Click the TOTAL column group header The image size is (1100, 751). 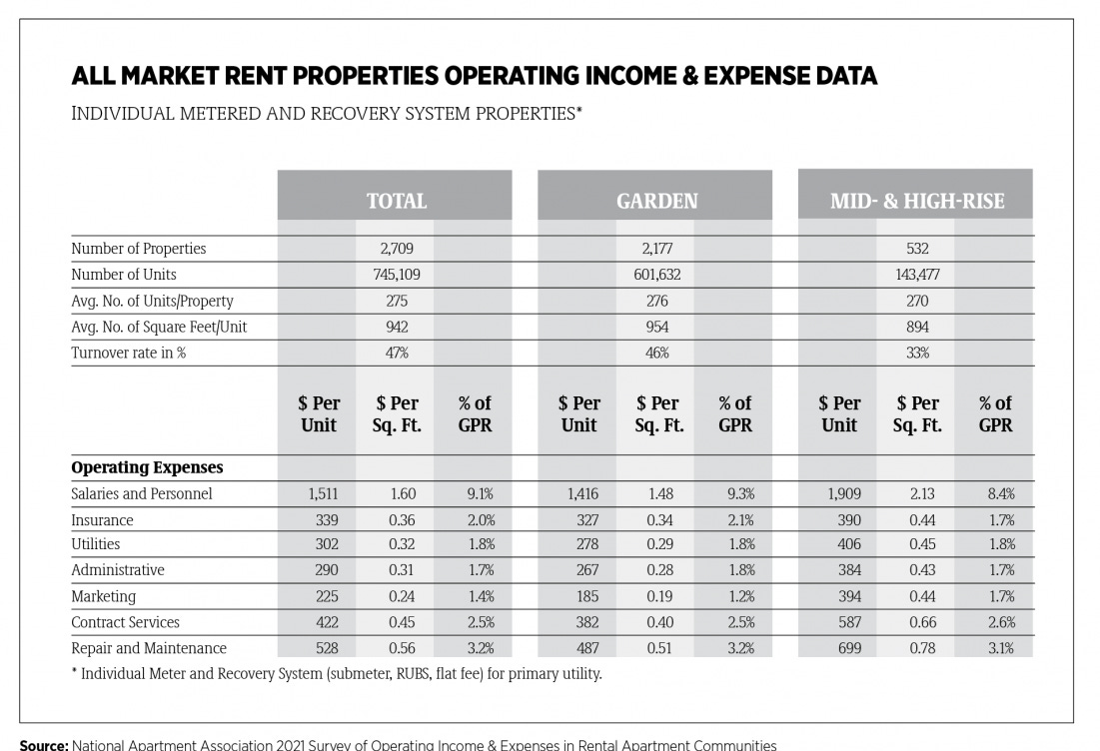pyautogui.click(x=396, y=201)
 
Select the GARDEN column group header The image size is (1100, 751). pyautogui.click(x=656, y=201)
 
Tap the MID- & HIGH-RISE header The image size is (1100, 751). pyautogui.click(x=916, y=201)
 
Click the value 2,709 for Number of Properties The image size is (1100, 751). pyautogui.click(x=396, y=249)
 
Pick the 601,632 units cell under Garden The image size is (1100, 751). pyautogui.click(x=656, y=275)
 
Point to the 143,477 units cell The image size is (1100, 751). pyautogui.click(x=916, y=275)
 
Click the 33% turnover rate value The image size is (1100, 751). pyautogui.click(x=916, y=353)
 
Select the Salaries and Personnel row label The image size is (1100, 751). pyautogui.click(x=141, y=493)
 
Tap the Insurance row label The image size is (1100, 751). pyautogui.click(x=102, y=519)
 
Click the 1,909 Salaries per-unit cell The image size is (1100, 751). pyautogui.click(x=839, y=493)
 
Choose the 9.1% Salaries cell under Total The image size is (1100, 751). pyautogui.click(x=475, y=493)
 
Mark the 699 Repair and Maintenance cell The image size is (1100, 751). pyautogui.click(x=839, y=648)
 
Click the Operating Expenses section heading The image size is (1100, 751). pyautogui.click(x=147, y=467)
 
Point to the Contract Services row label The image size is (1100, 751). pyautogui.click(x=125, y=622)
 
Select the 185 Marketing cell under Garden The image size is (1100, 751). pyautogui.click(x=579, y=596)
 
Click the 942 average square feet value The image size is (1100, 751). pyautogui.click(x=396, y=327)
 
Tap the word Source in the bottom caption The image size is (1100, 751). pyautogui.click(x=42, y=745)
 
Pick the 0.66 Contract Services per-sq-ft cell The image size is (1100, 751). pyautogui.click(x=917, y=622)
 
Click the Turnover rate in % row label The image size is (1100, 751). pyautogui.click(x=128, y=353)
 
